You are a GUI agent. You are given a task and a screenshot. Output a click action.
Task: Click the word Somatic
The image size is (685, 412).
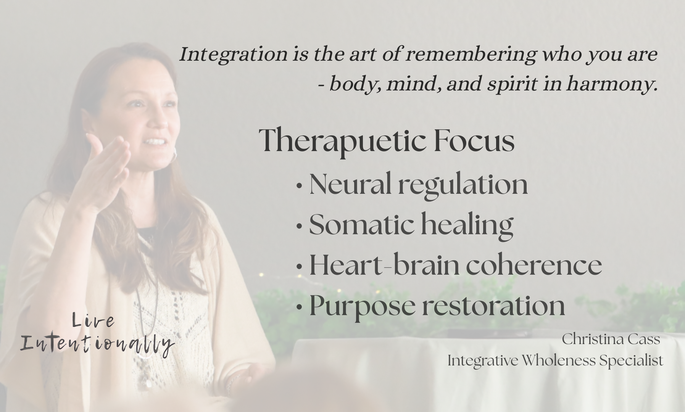(361, 225)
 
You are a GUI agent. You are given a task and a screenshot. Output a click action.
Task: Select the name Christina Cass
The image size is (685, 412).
(611, 339)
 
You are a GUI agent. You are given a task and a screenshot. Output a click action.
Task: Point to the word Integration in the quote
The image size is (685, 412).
(233, 55)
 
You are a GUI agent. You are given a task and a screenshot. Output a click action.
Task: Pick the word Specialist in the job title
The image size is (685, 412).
(631, 361)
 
